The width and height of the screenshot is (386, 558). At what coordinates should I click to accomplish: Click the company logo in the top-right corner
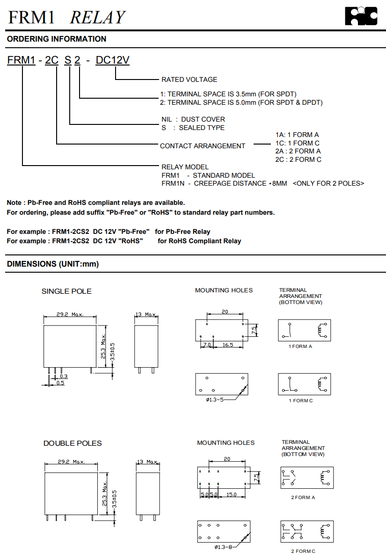coord(361,16)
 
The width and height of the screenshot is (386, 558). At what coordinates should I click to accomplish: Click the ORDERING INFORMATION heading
coord(57,39)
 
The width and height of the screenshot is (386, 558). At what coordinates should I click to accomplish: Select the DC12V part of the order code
coord(112,60)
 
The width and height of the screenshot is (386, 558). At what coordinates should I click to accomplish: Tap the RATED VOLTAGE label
coord(189,80)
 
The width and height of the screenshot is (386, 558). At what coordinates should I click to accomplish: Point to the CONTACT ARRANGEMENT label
coord(202,146)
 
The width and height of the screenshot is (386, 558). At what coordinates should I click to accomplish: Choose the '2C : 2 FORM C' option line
coord(298,159)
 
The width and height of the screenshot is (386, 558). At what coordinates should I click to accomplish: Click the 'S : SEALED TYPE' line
coord(193,128)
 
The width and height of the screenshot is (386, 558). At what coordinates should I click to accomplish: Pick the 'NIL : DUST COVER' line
coord(193,119)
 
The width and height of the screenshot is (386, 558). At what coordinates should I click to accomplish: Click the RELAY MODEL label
coord(185,167)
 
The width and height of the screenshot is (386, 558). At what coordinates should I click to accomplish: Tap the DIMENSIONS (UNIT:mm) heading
coord(53,264)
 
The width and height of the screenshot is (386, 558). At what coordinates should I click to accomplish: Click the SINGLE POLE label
coord(66,291)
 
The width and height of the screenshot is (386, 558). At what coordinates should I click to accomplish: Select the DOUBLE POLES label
coord(73,443)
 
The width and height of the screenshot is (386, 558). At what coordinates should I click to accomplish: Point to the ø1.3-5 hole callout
coord(215,400)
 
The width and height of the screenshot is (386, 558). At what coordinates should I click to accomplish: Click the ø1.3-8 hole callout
coord(224,547)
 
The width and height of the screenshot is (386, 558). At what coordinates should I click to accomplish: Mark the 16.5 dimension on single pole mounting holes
coord(228,345)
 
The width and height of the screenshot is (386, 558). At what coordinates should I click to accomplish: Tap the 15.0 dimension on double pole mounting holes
coord(231,494)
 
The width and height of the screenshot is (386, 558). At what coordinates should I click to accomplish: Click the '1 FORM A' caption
coord(300,347)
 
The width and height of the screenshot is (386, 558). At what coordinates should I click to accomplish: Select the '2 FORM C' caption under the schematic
coord(303,551)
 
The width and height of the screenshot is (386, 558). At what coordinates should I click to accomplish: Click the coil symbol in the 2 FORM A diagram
coord(322,478)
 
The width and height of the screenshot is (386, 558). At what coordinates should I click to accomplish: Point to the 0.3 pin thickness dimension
coord(64,376)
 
